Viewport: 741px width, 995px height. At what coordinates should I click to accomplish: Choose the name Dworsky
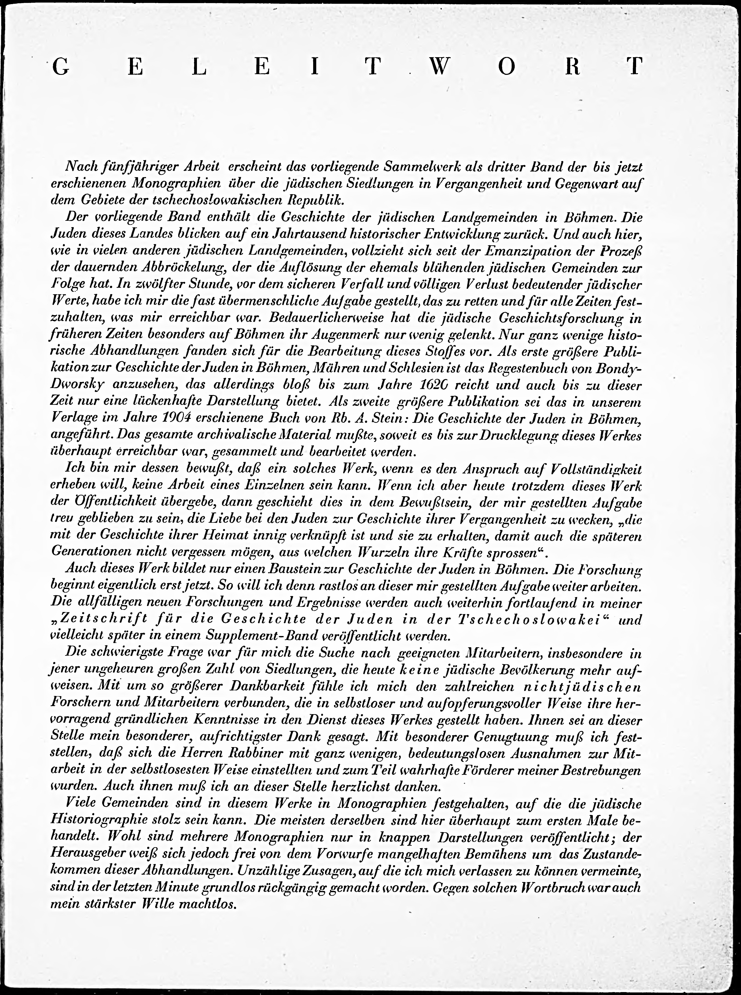click(79, 385)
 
